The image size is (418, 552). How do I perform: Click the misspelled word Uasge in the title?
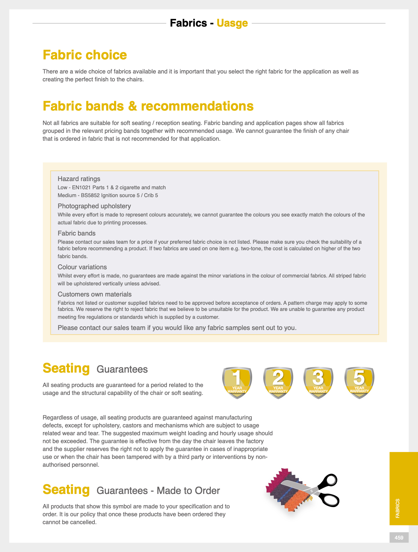click(232, 23)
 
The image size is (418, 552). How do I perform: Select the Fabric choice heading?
click(85, 55)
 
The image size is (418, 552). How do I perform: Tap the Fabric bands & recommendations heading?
click(148, 106)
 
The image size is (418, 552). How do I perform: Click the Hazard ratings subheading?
click(79, 179)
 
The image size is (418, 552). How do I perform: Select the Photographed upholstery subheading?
click(94, 206)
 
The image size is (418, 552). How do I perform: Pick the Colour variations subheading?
click(82, 267)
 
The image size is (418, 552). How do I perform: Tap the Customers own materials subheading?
click(94, 294)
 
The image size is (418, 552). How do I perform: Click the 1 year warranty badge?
click(237, 382)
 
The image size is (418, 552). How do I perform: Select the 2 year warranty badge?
click(278, 382)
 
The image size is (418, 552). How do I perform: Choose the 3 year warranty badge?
click(318, 382)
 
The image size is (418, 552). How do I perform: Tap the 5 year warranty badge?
click(359, 382)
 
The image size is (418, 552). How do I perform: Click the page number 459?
click(399, 538)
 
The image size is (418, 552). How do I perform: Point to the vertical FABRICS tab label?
click(398, 508)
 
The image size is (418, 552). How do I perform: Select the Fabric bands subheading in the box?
click(76, 233)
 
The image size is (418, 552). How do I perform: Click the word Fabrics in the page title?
click(189, 23)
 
